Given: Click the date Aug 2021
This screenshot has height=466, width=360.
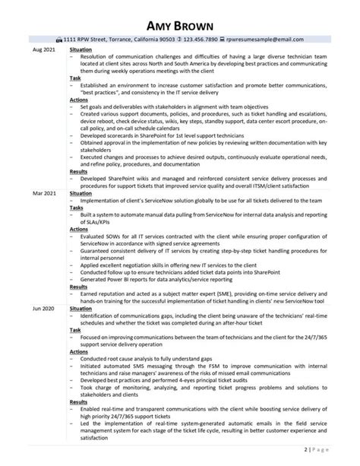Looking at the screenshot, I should (43, 49).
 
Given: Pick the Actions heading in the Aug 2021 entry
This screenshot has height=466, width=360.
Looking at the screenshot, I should (79, 100).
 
